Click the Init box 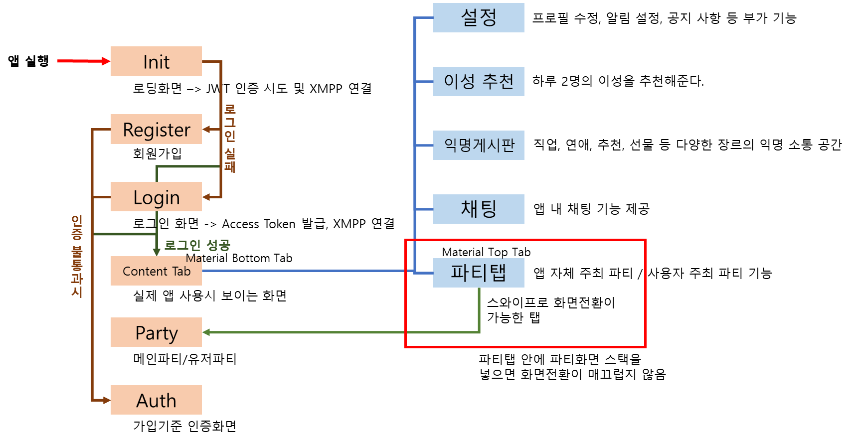pos(156,61)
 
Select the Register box pos(156,129)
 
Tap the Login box pos(156,197)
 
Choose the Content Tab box pos(156,271)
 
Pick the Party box pos(156,332)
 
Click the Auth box pos(156,400)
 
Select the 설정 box pos(479,18)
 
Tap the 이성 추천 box pos(479,81)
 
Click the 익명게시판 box pos(479,145)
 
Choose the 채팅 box pos(479,209)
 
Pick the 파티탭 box pos(479,273)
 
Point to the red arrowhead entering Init pos(106,61)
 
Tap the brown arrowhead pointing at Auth pos(106,400)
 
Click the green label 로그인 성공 pos(197,245)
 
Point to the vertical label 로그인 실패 pos(230,138)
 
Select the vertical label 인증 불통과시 pos(77,256)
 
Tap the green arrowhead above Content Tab pos(157,252)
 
